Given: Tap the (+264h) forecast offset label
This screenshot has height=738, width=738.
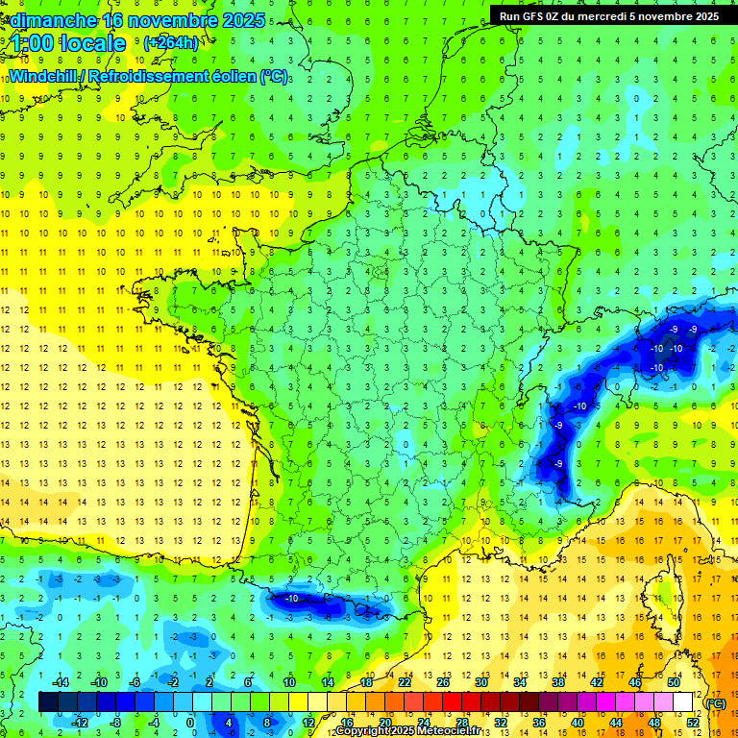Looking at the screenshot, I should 170,42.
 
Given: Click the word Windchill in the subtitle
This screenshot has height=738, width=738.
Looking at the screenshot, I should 40,76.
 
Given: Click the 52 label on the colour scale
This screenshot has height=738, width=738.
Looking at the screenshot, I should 693,723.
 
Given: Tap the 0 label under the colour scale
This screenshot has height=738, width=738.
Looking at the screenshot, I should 190,723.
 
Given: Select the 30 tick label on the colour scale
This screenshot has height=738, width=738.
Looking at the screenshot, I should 481,682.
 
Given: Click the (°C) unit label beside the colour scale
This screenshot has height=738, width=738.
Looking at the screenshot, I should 716,702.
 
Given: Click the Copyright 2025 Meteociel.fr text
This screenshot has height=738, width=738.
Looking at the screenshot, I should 407,731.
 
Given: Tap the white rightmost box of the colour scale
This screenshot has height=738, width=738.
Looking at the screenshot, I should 683,702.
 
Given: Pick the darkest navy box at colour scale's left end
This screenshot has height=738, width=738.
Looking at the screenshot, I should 49,702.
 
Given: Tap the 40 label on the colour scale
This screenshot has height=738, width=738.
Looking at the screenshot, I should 578,723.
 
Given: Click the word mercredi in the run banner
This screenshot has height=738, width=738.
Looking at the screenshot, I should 626,15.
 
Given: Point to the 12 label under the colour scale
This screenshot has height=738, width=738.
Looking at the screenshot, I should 308,723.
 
